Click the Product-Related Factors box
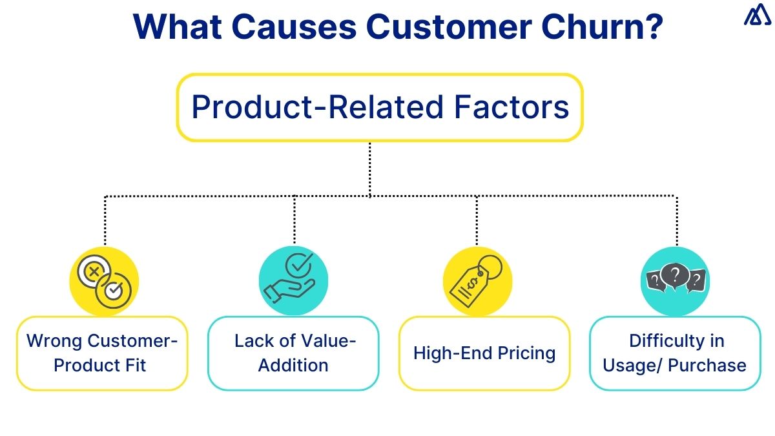[380, 107]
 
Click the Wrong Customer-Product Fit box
[101, 353]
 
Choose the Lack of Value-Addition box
[293, 353]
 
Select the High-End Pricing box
[484, 353]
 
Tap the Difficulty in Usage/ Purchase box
[675, 353]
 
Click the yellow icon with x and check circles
[104, 282]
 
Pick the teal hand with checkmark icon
[293, 282]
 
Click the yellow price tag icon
[477, 282]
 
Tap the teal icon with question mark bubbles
[675, 282]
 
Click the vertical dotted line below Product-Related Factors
[370, 168]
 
